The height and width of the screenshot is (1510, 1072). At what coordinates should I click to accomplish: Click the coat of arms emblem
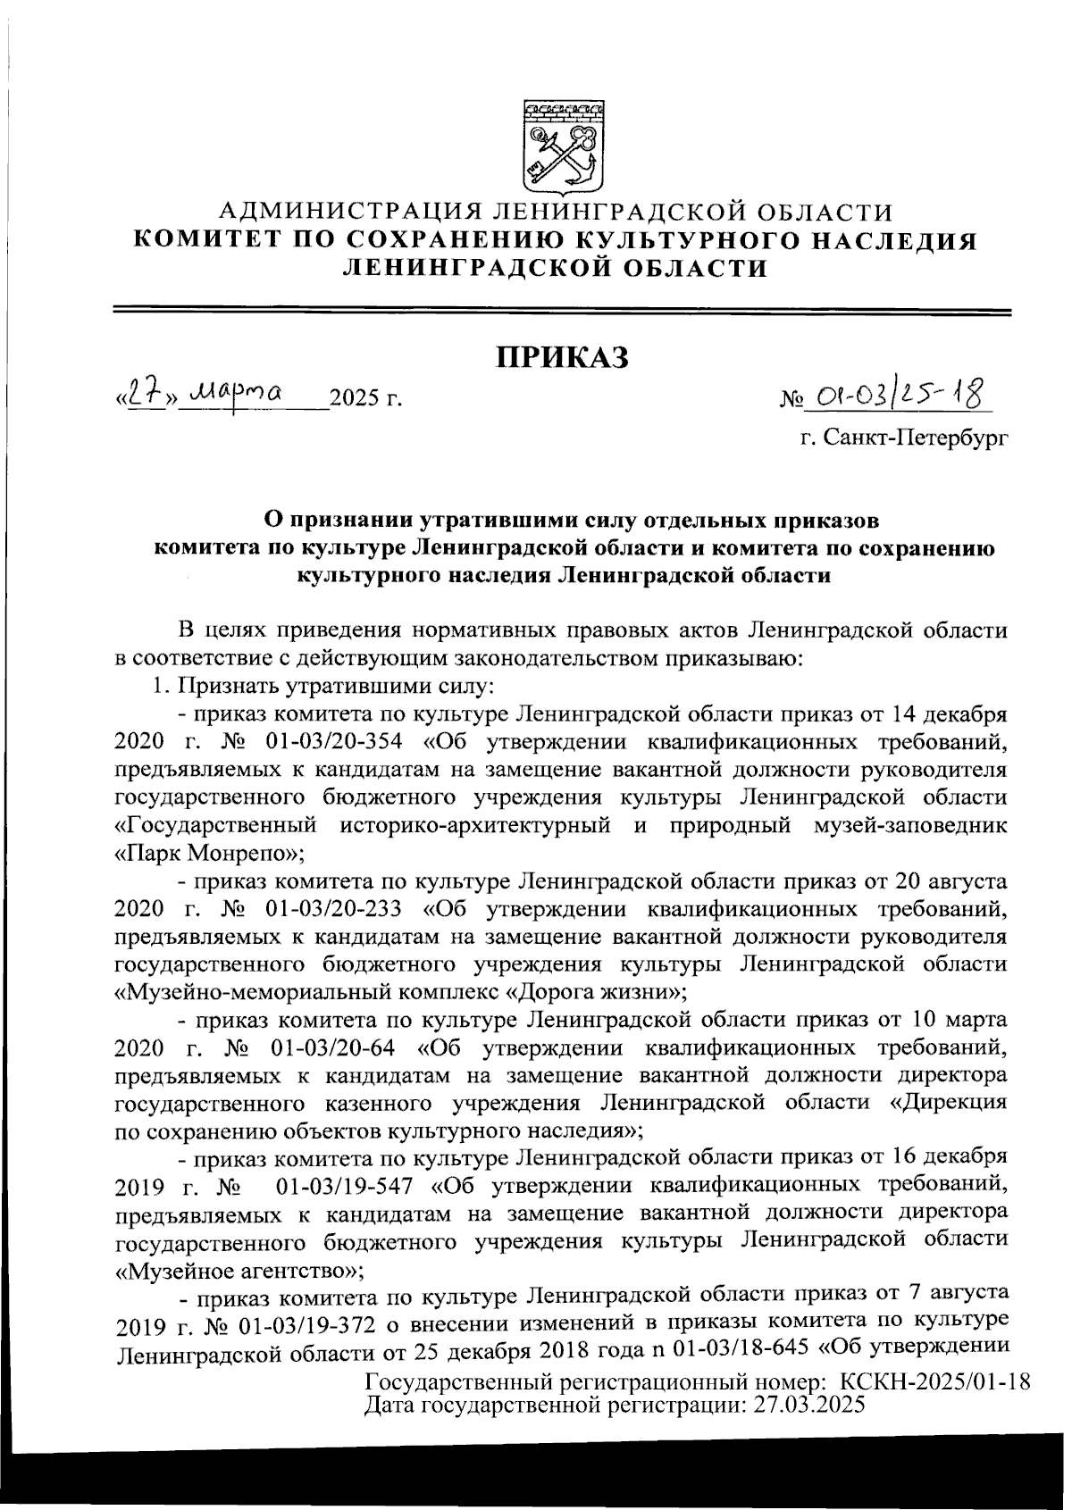tap(560, 143)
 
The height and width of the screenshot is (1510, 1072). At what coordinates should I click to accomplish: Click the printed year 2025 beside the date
tap(355, 398)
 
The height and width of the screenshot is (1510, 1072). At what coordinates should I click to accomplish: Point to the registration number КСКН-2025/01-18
tap(933, 1383)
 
